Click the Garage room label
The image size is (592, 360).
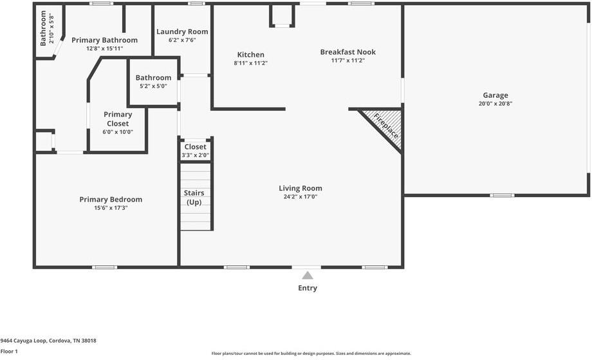point(495,95)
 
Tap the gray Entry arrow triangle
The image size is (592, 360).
point(308,276)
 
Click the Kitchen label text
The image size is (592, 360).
point(251,55)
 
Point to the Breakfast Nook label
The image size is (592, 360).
point(347,52)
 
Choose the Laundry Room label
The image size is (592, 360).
point(182,32)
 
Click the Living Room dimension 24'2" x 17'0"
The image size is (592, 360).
point(301,197)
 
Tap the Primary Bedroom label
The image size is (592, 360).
point(111,200)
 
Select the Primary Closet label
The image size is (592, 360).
point(118,119)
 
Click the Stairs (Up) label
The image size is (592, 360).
point(194,198)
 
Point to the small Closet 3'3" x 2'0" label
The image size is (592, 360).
point(195,151)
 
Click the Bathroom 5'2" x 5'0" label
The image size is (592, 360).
point(153,81)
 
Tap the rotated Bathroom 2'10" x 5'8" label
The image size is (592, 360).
point(47,28)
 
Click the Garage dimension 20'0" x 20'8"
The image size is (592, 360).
point(495,104)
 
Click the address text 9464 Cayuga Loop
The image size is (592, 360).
point(24,341)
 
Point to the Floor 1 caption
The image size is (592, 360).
point(9,352)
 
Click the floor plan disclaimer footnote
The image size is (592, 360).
point(311,354)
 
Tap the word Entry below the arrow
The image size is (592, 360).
point(308,289)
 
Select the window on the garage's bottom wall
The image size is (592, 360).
point(502,195)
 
